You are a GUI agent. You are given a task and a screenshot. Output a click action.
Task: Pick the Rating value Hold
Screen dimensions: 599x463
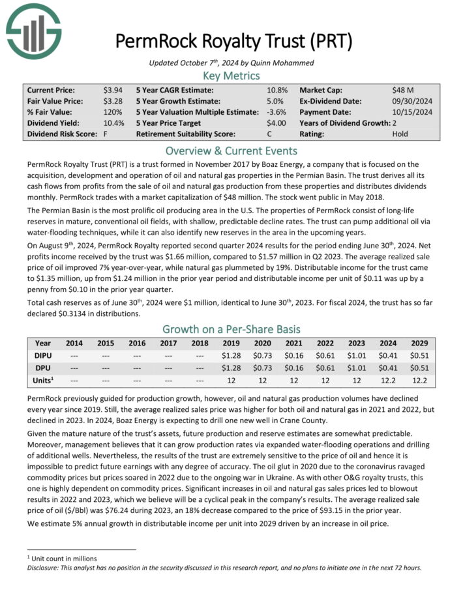pyautogui.click(x=400, y=134)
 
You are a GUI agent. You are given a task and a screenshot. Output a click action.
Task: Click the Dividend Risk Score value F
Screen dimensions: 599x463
pyautogui.click(x=105, y=134)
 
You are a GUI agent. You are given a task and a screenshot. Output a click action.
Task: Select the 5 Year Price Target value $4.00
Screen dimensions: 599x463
pyautogui.click(x=276, y=123)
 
